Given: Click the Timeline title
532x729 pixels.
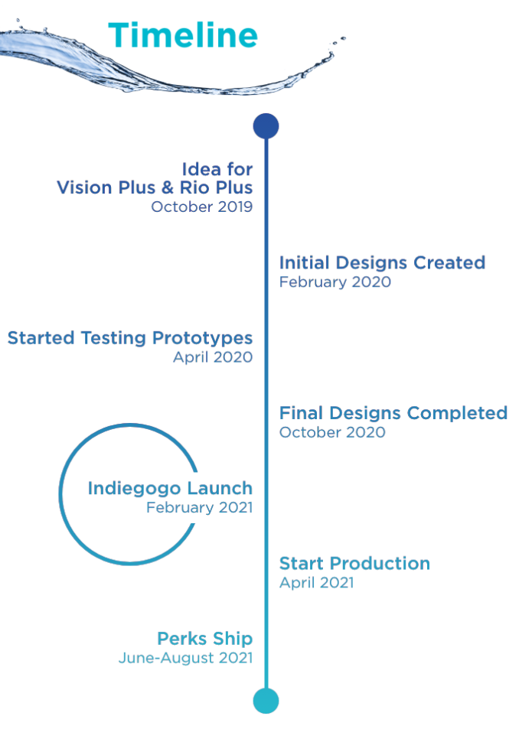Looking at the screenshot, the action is [183, 35].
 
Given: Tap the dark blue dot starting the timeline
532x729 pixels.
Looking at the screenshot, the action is [266, 126].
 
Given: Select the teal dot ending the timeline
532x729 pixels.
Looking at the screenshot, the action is [266, 701].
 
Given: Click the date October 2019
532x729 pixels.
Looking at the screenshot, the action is [202, 207].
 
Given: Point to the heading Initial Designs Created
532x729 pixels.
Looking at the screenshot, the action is [382, 262].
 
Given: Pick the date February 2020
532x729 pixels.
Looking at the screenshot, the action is [335, 282].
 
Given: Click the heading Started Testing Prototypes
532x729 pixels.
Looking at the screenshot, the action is [130, 338].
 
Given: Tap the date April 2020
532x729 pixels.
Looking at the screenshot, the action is [213, 357].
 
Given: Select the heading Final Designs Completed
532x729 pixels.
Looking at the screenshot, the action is [393, 413].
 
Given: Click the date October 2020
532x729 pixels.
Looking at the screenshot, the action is [332, 432].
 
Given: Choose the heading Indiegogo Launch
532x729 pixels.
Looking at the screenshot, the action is [170, 488].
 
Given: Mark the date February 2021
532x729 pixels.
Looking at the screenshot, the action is [200, 507].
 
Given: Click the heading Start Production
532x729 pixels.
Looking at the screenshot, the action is [355, 563].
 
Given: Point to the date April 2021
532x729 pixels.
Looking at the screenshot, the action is [317, 583].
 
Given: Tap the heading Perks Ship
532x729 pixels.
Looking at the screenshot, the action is [205, 638].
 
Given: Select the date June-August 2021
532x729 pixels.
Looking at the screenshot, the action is [185, 658].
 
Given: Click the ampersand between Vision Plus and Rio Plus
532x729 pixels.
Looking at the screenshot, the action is [168, 188].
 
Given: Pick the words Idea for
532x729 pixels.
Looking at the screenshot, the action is [217, 169].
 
